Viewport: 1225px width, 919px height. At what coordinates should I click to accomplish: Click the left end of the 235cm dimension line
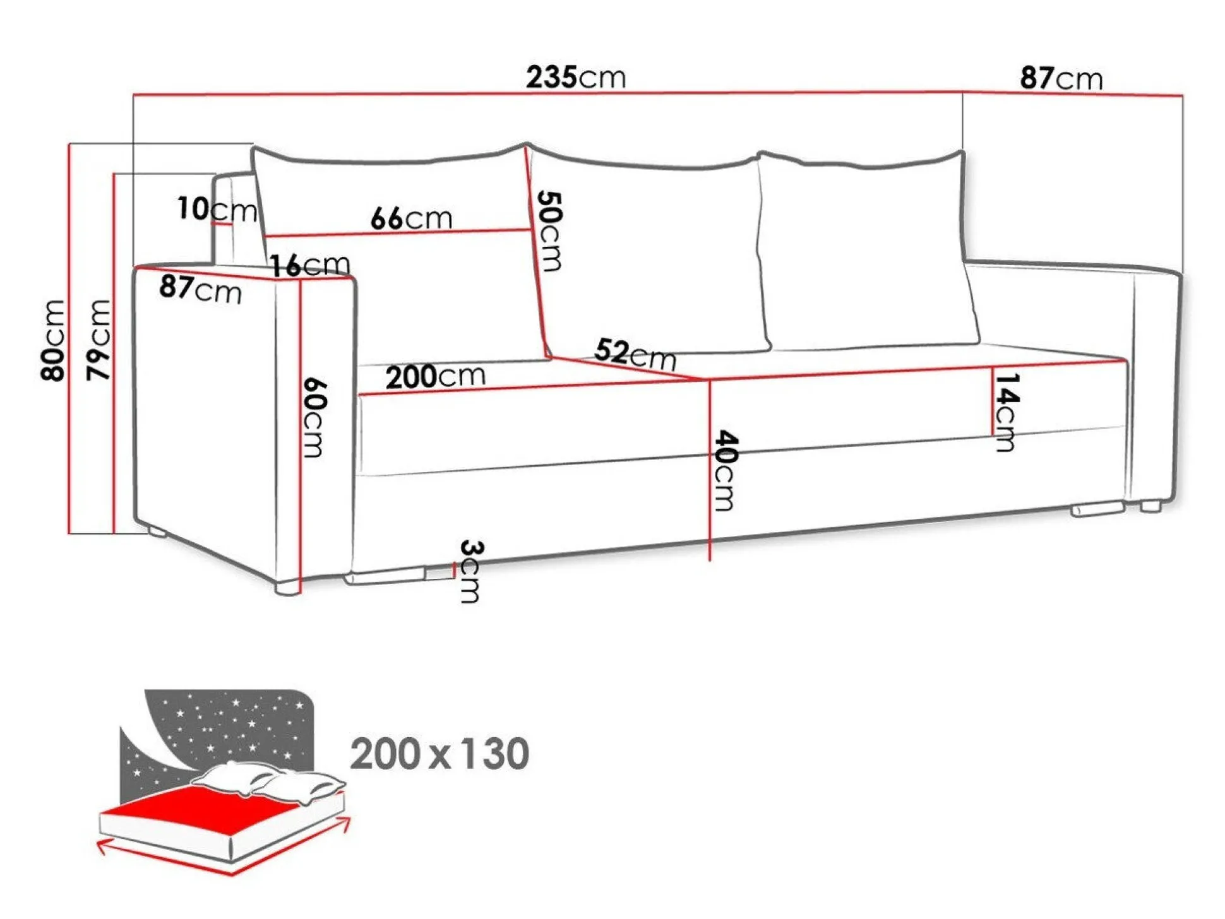[x=133, y=95]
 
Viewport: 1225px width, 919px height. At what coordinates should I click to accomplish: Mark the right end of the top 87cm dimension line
[x=1182, y=96]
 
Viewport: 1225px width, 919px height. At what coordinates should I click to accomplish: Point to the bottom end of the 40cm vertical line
[x=710, y=560]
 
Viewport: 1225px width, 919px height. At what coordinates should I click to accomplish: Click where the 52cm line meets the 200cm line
[x=708, y=380]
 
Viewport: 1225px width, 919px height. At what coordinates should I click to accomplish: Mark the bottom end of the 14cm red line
[x=992, y=435]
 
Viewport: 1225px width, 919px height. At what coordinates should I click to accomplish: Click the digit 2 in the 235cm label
[x=534, y=77]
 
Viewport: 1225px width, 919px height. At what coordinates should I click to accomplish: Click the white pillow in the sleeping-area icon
[x=268, y=782]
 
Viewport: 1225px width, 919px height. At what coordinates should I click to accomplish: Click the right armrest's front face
[x=1155, y=385]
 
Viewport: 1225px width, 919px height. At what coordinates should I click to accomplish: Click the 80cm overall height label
[x=53, y=340]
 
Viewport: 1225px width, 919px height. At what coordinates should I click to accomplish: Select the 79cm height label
[x=99, y=340]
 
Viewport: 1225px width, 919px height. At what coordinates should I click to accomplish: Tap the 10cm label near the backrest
[x=217, y=209]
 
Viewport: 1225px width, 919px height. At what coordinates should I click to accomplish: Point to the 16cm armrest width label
[x=310, y=264]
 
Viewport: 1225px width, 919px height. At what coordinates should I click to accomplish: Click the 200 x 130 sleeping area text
[x=439, y=754]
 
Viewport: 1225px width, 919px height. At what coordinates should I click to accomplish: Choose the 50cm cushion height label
[x=549, y=231]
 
